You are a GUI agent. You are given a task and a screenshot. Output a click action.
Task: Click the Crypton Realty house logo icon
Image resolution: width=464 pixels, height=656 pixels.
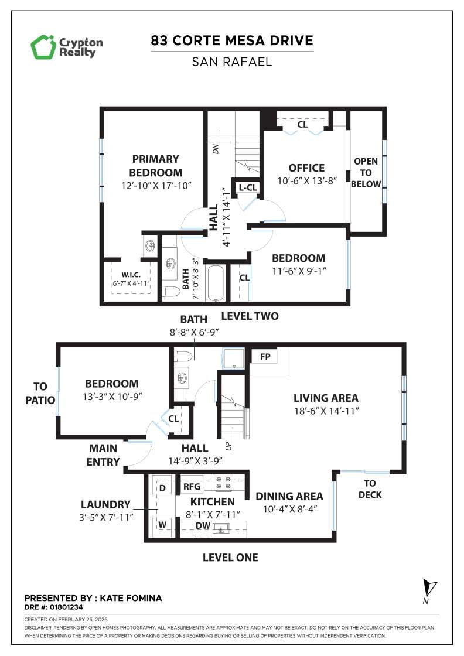(x=43, y=47)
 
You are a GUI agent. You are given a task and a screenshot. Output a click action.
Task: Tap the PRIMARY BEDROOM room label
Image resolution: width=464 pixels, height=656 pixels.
(x=155, y=166)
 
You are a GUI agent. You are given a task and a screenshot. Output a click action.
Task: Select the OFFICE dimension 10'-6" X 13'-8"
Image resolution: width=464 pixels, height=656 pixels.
(x=307, y=181)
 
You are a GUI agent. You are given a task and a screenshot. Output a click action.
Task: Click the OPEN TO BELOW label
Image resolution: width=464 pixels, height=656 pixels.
(x=366, y=173)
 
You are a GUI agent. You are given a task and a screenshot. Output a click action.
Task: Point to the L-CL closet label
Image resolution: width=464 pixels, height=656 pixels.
(x=247, y=187)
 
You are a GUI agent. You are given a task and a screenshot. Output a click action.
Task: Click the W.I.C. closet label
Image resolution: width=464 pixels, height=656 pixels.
(x=131, y=274)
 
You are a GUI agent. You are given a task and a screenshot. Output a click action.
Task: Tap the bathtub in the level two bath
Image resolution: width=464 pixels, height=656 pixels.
(x=216, y=284)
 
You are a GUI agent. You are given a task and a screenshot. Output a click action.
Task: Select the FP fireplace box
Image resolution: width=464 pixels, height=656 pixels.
(x=264, y=356)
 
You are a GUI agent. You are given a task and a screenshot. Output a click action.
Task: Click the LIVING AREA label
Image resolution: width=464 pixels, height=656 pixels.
(x=326, y=398)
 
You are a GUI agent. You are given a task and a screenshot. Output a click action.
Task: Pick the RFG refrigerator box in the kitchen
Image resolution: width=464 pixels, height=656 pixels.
(x=192, y=486)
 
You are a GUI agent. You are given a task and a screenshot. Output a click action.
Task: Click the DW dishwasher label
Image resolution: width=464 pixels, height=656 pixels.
(x=203, y=525)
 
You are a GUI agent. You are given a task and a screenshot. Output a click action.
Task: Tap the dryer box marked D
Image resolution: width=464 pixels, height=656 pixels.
(x=163, y=487)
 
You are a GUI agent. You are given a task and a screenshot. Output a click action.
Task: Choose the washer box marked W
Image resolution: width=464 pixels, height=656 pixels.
(x=162, y=525)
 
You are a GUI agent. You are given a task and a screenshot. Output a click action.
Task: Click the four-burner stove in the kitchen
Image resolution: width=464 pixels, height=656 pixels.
(x=223, y=482)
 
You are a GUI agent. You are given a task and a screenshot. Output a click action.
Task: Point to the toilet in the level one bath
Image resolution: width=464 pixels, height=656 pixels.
(x=184, y=355)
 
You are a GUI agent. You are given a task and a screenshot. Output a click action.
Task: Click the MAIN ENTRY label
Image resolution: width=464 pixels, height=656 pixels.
(x=103, y=455)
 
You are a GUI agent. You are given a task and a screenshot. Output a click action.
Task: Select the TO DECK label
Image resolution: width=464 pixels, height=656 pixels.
(x=370, y=489)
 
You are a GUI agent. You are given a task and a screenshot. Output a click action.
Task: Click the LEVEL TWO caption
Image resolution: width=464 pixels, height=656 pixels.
(x=249, y=316)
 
